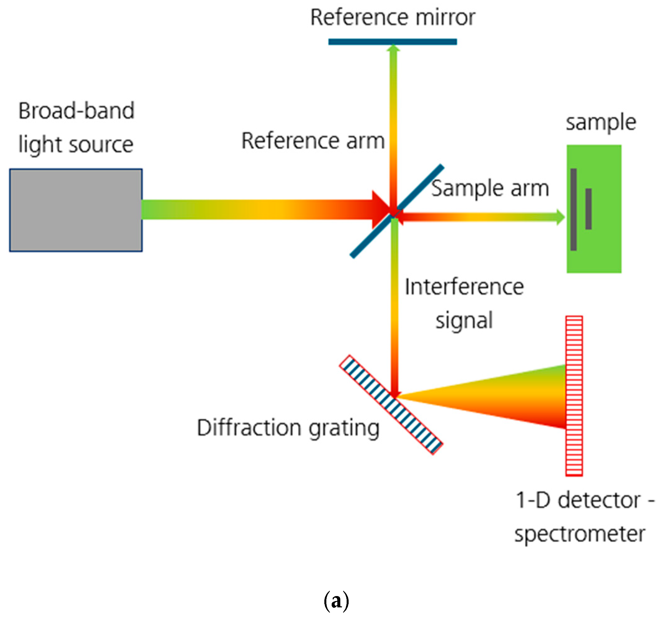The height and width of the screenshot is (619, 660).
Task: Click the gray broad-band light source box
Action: pyautogui.click(x=76, y=210)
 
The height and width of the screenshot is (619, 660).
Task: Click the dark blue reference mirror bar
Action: pyautogui.click(x=392, y=42)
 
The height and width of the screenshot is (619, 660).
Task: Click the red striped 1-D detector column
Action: pyautogui.click(x=574, y=396)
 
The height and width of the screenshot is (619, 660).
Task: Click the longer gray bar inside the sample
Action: pyautogui.click(x=574, y=209)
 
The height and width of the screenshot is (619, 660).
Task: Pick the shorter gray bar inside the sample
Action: pyautogui.click(x=588, y=209)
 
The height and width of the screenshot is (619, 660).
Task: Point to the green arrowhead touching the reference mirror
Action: pyautogui.click(x=393, y=49)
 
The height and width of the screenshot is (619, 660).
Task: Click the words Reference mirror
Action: pyautogui.click(x=393, y=17)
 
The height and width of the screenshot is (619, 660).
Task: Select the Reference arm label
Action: pyautogui.click(x=313, y=141)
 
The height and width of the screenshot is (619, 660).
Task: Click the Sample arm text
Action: pyautogui.click(x=490, y=188)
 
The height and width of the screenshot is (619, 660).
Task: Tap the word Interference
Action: pyautogui.click(x=464, y=287)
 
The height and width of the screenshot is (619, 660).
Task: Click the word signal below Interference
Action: pyautogui.click(x=464, y=320)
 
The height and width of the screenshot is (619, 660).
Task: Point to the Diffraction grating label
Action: pyautogui.click(x=288, y=428)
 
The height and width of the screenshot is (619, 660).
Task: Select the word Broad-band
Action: pyautogui.click(x=77, y=111)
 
